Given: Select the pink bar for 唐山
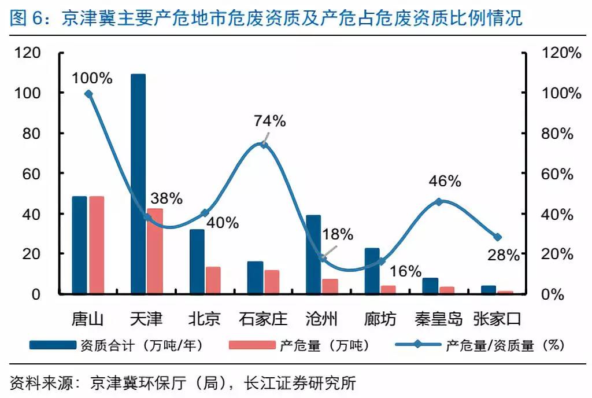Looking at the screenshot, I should pos(97,245).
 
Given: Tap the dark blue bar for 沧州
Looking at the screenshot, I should pos(313,255).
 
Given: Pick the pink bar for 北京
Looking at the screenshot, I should pos(213,281).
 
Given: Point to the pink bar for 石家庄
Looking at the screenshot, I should pos(272,282).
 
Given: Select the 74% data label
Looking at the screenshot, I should pos(270,121).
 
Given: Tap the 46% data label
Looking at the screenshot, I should pos(445,181).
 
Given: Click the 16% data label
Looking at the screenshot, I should pos(405,271).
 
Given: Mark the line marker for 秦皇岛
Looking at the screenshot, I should pos(439,202).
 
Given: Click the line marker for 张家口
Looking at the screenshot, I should pos(497,237).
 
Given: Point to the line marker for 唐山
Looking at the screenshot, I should pos(88,94).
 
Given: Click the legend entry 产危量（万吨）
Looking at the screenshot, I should pos(323,346).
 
